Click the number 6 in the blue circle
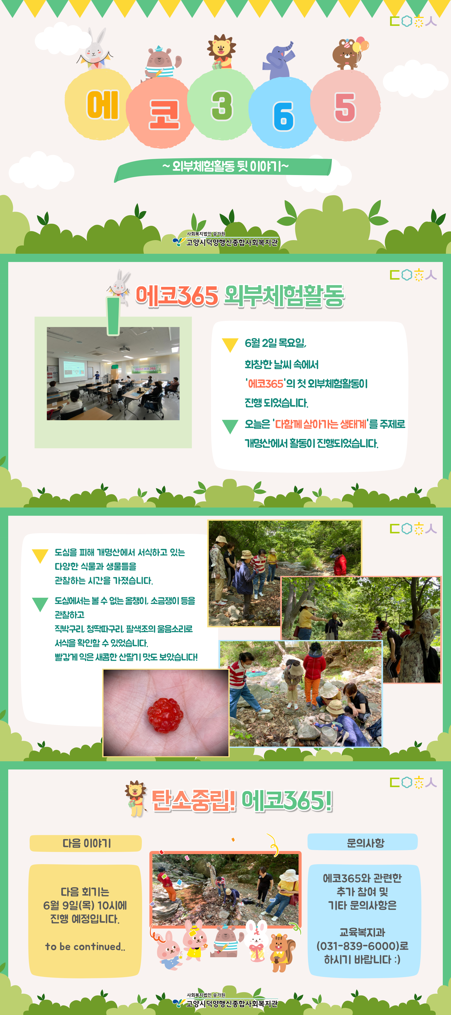point(283,116)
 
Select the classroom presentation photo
point(113,373)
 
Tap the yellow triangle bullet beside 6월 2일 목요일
point(230,345)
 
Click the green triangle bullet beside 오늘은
point(230,426)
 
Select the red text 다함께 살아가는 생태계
point(321,424)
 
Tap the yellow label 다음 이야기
point(86,843)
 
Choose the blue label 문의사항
point(363,842)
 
